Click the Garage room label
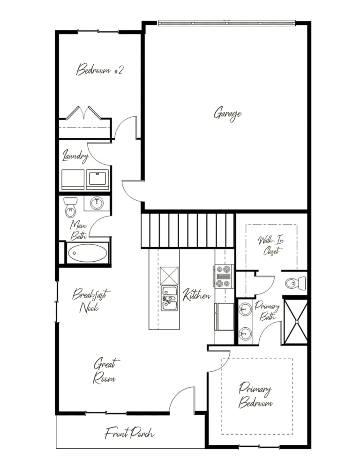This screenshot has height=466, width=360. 227,114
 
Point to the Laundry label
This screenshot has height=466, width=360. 75,156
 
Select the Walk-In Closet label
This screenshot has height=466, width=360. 270,245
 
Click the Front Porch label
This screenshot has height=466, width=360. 129,433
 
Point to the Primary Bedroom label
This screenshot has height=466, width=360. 255,396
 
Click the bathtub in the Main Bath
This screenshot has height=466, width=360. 87,253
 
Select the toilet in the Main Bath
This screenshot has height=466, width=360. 70,207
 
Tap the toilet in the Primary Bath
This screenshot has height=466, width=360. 295,283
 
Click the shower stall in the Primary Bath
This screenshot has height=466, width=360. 295,322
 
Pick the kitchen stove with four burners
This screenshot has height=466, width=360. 224,277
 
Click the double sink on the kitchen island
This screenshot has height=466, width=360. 169,298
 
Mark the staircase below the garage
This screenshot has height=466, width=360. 188,231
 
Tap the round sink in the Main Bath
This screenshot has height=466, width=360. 97,203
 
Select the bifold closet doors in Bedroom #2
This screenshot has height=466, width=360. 83,113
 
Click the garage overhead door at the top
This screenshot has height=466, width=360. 226,23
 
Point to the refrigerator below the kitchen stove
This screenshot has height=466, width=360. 224,317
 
